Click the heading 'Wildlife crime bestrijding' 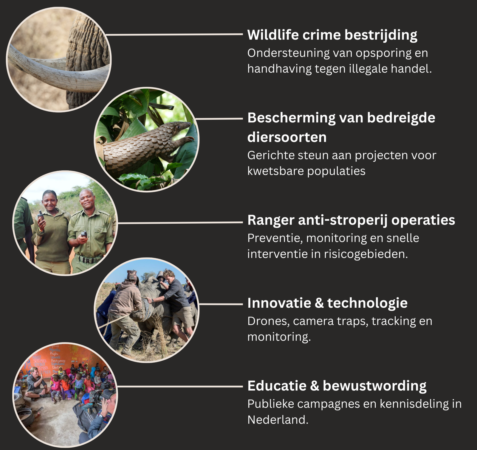pos(332,35)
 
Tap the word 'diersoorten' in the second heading pos(287,137)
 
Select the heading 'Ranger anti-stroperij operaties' pos(351,220)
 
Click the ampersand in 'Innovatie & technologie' pos(319,303)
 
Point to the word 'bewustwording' pos(374,386)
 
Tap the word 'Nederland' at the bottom pos(278,420)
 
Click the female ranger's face pos(49,201)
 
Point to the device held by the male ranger pos(84,234)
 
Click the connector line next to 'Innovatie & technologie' pos(221,304)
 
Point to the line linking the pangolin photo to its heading pos(219,119)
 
